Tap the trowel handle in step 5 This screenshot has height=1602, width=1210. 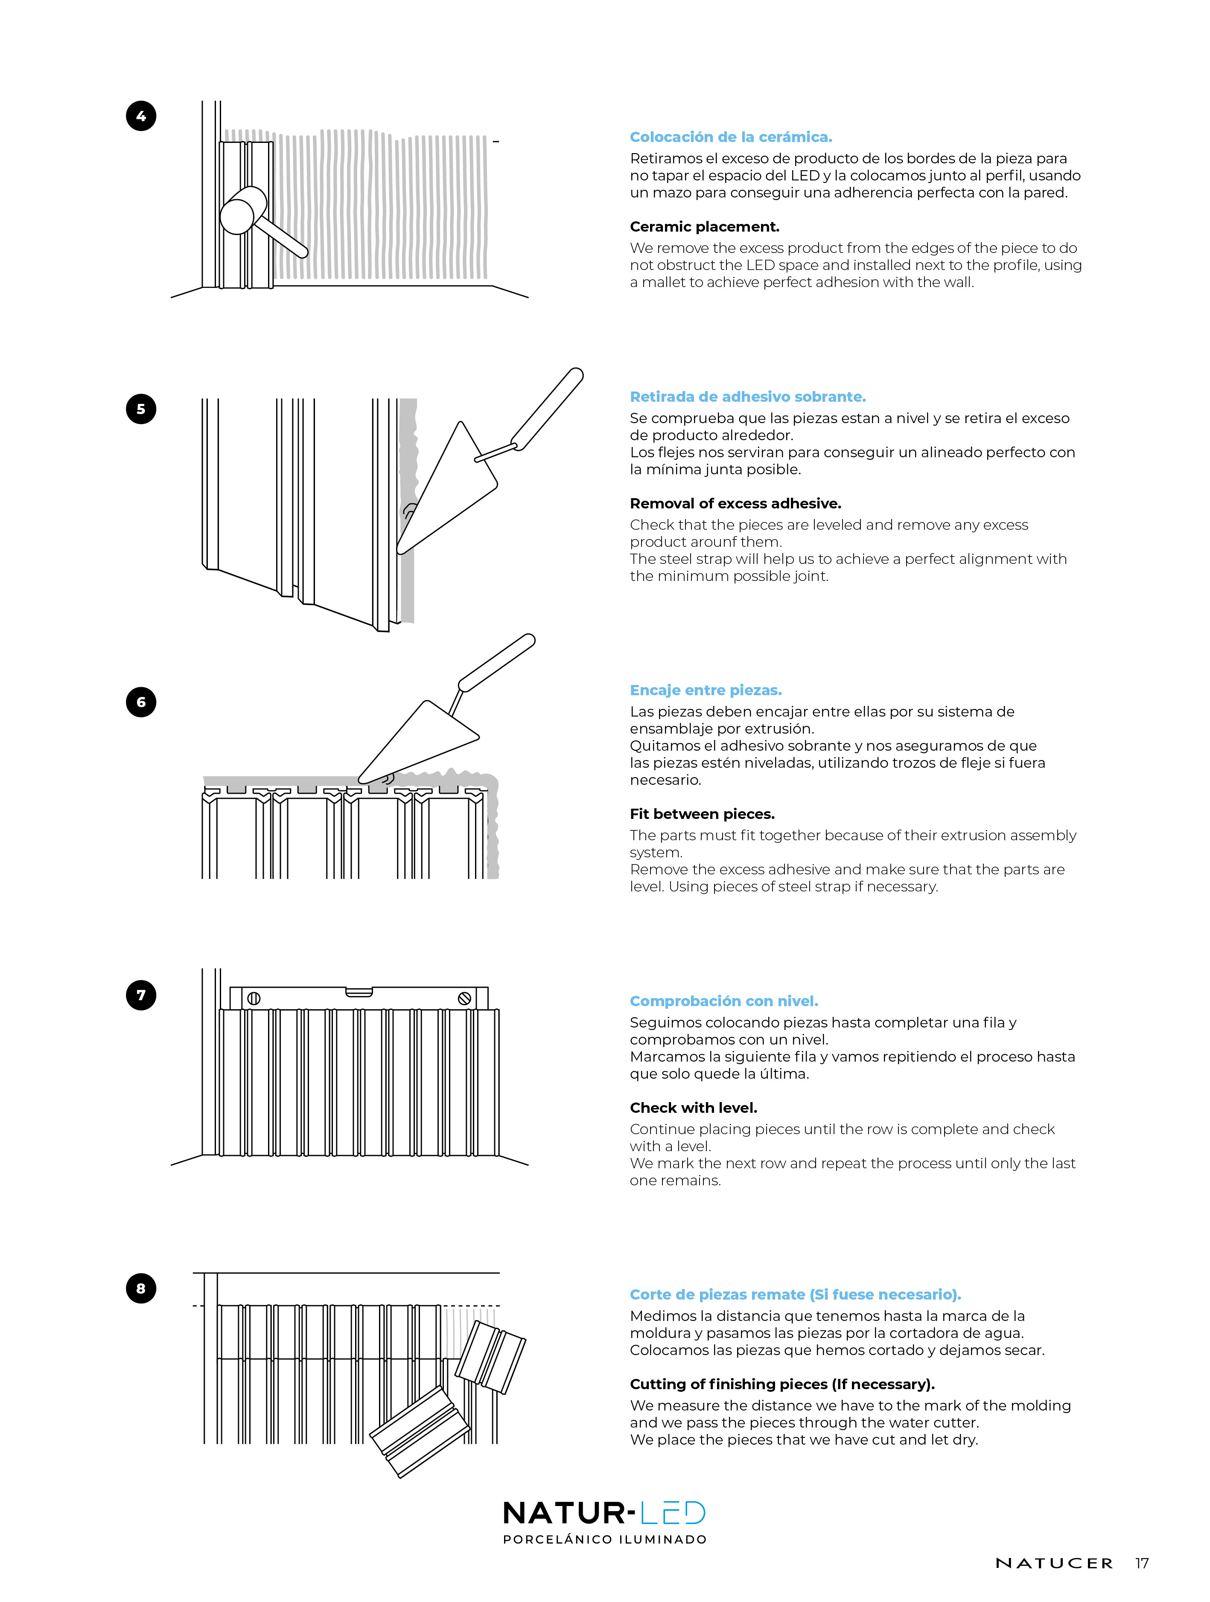pos(547,409)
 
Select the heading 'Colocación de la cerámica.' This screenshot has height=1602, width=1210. pos(730,137)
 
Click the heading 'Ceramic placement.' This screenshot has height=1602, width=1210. pos(704,226)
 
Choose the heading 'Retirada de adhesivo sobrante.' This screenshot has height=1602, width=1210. pos(748,397)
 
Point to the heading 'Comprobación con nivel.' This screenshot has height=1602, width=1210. pos(724,1001)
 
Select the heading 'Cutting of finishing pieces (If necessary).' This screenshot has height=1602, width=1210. pos(782,1384)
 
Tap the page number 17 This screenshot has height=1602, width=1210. pos(1142,1563)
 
